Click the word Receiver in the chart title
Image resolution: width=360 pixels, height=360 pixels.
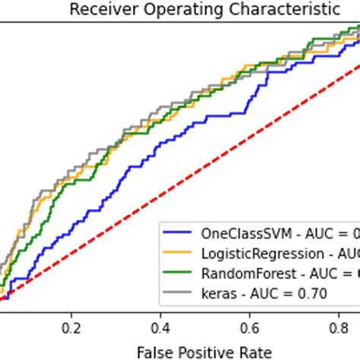[x=99, y=10]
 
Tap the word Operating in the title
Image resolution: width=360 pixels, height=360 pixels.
[x=166, y=10]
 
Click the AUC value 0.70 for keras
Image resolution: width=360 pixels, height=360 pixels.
[x=313, y=292]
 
